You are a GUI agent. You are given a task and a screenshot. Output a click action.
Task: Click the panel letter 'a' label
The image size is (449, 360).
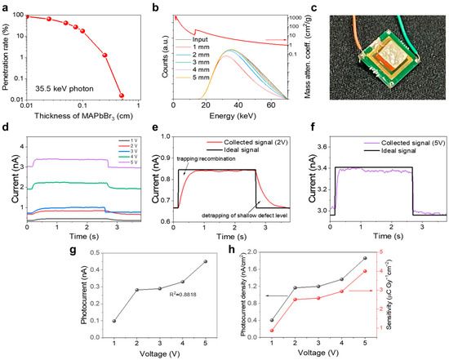(x=6, y=6)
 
